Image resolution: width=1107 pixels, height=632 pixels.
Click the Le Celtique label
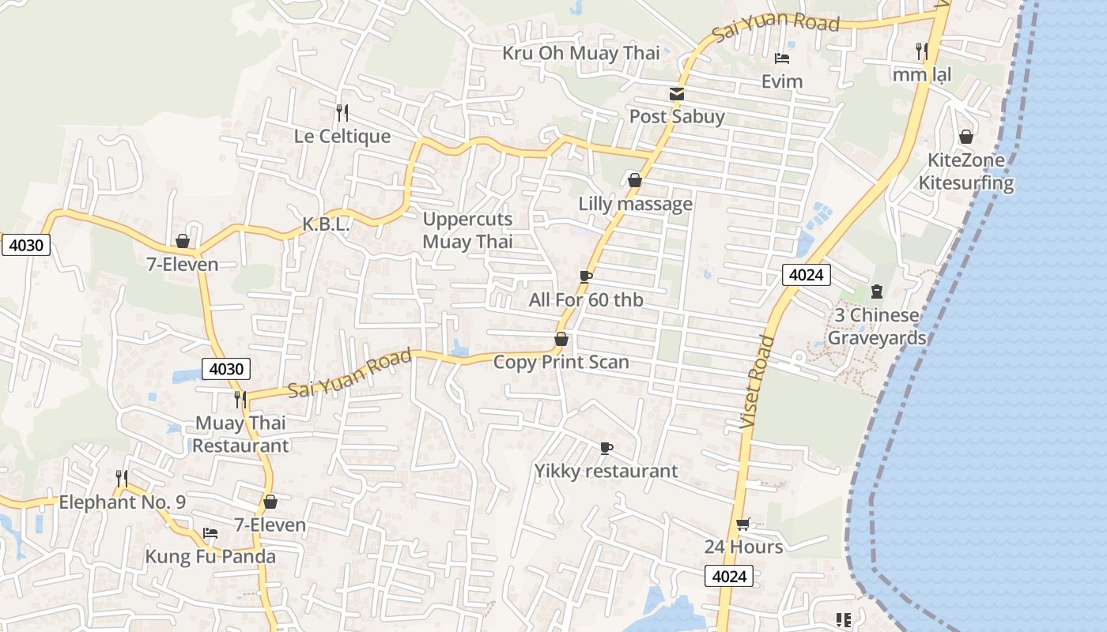click(342, 136)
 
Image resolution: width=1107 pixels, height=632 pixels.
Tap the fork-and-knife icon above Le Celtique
click(342, 112)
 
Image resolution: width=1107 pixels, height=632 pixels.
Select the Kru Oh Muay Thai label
click(581, 53)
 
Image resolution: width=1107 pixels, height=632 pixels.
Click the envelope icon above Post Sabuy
click(677, 94)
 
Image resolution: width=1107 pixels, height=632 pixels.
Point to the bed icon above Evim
click(782, 58)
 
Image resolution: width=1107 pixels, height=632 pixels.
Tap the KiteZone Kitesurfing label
click(965, 171)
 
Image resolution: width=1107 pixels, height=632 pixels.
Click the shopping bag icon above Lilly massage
click(634, 181)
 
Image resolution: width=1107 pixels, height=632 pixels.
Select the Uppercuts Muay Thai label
click(467, 231)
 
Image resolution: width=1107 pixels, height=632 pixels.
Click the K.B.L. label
click(326, 224)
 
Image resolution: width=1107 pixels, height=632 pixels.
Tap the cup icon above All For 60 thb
click(585, 276)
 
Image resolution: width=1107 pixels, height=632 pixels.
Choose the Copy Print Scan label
click(561, 362)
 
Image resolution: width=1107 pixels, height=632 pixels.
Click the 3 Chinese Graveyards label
click(876, 326)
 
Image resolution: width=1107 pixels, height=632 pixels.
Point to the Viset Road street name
click(756, 383)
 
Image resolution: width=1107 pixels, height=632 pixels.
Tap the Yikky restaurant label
click(606, 471)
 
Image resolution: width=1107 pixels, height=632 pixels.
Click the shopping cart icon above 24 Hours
click(742, 524)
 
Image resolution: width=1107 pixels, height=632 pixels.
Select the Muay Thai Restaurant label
click(240, 434)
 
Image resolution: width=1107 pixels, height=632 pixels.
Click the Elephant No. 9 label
click(122, 502)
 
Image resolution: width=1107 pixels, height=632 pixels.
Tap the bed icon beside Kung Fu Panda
click(210, 533)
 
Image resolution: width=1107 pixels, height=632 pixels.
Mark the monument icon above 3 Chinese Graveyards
click(876, 292)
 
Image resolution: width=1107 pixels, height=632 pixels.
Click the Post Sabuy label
click(677, 117)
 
